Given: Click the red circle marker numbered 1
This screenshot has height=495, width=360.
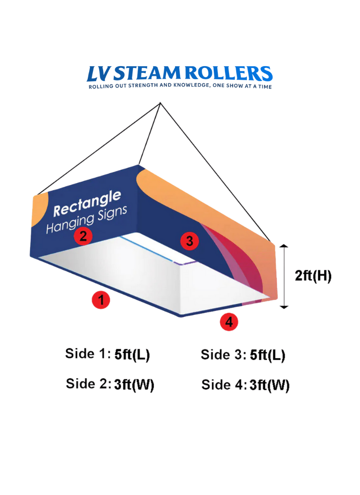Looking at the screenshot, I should (101, 300).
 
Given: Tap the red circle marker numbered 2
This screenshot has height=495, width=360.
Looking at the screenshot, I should (83, 235).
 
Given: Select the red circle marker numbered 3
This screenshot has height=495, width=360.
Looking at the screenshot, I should (189, 241).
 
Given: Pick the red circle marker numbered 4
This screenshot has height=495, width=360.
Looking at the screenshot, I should (229, 322).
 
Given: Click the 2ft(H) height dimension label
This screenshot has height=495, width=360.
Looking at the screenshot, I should (313, 276).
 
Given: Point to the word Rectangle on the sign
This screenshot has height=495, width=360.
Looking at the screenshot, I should (87, 203).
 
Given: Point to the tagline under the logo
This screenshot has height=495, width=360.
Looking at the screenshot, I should (180, 86).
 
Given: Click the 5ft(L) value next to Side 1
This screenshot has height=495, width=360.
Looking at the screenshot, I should (132, 355).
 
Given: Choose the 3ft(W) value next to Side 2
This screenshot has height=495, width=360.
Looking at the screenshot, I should (134, 385).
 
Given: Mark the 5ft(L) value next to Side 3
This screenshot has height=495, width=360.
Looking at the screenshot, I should (267, 355).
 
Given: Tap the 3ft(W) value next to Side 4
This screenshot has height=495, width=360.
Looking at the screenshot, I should (270, 385).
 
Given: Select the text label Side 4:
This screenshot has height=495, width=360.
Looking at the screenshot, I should (224, 385).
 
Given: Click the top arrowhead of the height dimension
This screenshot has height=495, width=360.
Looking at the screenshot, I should (284, 246).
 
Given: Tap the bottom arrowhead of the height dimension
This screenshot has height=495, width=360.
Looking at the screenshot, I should (284, 306).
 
